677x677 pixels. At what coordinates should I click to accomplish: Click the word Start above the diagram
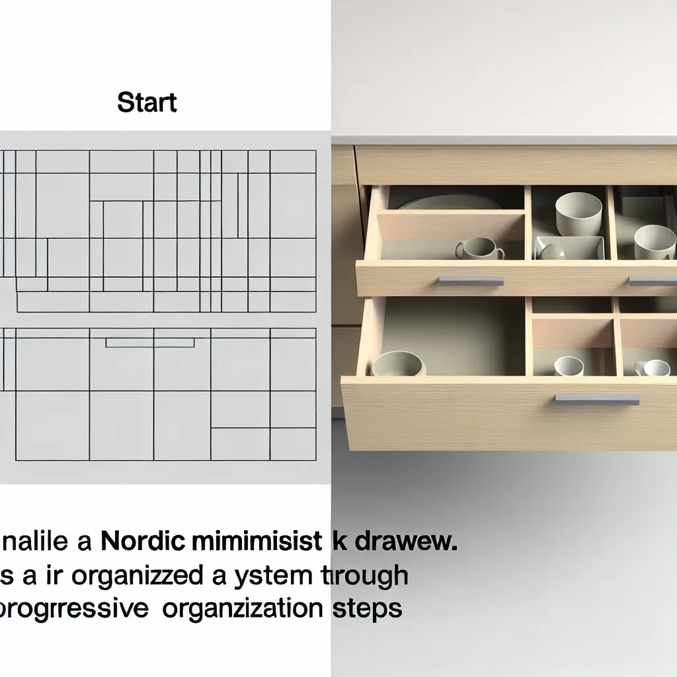pos(147,103)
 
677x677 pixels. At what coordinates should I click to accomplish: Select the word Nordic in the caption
pos(149,543)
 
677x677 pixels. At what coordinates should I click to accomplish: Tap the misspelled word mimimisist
pos(261,543)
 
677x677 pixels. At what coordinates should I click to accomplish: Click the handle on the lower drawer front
pos(597,399)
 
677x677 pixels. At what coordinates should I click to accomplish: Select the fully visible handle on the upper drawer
pos(471,281)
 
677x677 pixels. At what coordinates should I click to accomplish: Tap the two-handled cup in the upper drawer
pos(479,249)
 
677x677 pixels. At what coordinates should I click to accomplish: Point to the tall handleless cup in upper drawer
pos(578,213)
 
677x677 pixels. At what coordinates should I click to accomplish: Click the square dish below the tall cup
pos(570,248)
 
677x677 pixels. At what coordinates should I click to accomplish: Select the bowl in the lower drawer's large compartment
pos(399,364)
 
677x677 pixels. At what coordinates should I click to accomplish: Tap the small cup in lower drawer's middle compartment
pos(569,366)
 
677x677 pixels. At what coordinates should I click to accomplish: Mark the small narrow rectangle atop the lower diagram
pos(150,342)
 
